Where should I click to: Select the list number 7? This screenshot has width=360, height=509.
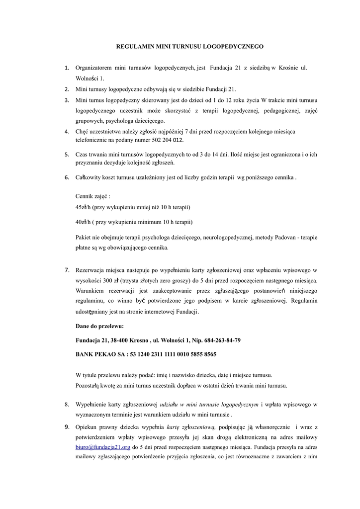click(x=67, y=270)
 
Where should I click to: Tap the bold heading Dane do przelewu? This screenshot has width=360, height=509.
click(x=99, y=326)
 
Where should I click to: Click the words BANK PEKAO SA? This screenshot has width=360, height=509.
click(x=99, y=354)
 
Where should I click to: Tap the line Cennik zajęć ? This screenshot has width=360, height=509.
click(x=92, y=196)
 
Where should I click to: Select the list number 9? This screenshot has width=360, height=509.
click(x=67, y=426)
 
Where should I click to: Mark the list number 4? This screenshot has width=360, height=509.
click(x=67, y=132)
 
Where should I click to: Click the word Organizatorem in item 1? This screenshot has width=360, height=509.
click(x=92, y=68)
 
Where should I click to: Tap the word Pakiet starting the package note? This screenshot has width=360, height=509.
click(x=84, y=238)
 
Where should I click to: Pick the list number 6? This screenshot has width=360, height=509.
click(x=67, y=177)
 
